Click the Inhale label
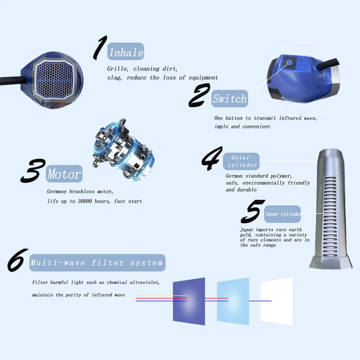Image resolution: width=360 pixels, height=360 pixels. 126,52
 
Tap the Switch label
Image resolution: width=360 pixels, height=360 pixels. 229,99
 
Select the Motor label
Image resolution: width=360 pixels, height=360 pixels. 64,174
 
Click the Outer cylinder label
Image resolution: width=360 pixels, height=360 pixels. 241,161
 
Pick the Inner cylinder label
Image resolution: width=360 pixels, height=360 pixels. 283,214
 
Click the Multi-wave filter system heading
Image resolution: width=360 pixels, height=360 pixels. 97,262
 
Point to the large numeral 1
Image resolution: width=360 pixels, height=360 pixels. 99,48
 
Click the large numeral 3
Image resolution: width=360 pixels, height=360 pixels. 33,171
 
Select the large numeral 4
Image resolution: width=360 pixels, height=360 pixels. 211,158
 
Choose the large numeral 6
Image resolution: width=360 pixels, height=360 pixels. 18,260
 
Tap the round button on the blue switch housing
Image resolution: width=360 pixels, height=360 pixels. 289,63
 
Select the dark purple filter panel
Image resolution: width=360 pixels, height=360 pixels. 189,301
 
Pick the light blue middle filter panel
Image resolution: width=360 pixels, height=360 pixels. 233,301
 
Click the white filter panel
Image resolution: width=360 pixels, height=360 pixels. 276,301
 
